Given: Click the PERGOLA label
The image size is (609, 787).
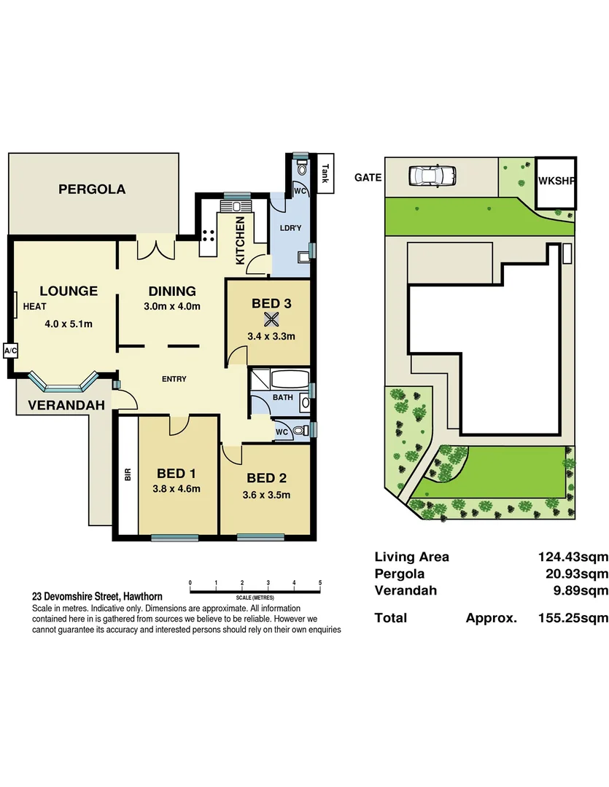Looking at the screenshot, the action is pyautogui.click(x=92, y=189).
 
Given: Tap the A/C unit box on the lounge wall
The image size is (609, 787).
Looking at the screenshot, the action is pyautogui.click(x=10, y=351).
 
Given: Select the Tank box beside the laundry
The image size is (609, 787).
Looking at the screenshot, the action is pyautogui.click(x=325, y=173).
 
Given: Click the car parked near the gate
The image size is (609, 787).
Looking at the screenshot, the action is pyautogui.click(x=432, y=176).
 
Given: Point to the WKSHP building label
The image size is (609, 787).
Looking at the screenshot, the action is pyautogui.click(x=556, y=181).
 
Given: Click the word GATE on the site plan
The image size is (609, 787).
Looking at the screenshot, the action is pyautogui.click(x=368, y=177).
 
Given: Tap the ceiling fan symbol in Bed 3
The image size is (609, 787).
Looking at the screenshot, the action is pyautogui.click(x=271, y=319).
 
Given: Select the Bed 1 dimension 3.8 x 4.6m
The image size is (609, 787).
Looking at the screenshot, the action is pyautogui.click(x=177, y=488).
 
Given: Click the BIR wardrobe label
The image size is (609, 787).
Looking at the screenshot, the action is pyautogui.click(x=128, y=475).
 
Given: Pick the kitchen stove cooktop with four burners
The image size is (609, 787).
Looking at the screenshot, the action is pyautogui.click(x=209, y=235).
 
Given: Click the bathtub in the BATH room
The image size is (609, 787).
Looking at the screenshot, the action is pyautogui.click(x=290, y=380).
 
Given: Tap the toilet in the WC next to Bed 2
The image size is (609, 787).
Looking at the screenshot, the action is pyautogui.click(x=300, y=431).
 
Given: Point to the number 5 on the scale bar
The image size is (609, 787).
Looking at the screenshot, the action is pyautogui.click(x=320, y=583).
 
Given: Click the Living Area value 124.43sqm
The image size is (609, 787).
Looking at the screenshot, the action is pyautogui.click(x=573, y=557).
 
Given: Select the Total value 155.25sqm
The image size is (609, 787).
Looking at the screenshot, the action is pyautogui.click(x=573, y=618).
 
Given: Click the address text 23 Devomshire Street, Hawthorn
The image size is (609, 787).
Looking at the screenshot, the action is pyautogui.click(x=98, y=597).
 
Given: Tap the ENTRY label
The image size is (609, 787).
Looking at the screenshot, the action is pyautogui.click(x=174, y=379).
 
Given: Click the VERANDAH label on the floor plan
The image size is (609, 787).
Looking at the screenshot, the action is pyautogui.click(x=66, y=405).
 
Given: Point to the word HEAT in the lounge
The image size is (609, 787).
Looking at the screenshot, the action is pyautogui.click(x=35, y=306).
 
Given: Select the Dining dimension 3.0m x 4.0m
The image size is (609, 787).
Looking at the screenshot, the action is pyautogui.click(x=172, y=306).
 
